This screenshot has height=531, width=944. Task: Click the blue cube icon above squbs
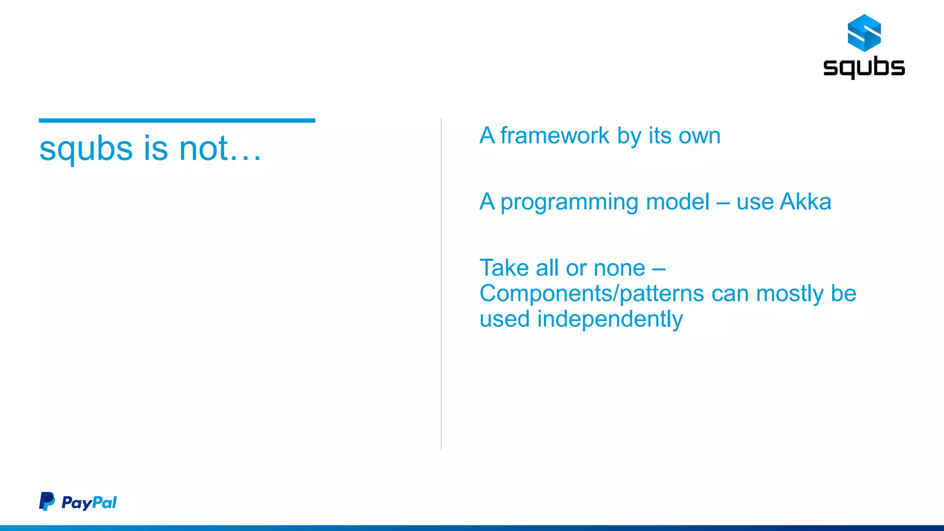pos(864,33)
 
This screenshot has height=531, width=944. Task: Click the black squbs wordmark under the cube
pos(864,67)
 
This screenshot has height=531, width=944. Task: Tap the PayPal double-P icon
pos(47,501)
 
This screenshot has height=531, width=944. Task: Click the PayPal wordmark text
pos(89,502)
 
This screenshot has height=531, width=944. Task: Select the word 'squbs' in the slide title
pos(86,149)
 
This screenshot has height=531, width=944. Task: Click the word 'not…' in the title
pos(220,148)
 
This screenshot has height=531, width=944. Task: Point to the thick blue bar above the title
pos(177,121)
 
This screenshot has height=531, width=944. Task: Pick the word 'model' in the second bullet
pos(678,201)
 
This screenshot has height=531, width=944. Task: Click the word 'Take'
pos(504,268)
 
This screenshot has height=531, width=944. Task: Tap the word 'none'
pos(619,268)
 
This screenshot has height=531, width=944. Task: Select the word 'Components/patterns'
pos(591,294)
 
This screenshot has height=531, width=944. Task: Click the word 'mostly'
pos(790,294)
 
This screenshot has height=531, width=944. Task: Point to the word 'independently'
pos(610,319)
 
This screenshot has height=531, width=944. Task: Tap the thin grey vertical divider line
pos(441,284)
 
